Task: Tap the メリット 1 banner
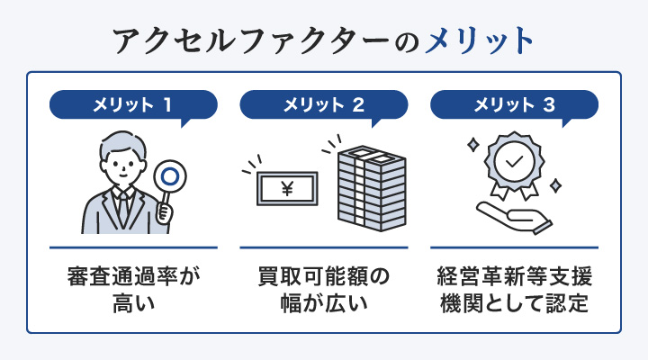[x=132, y=104]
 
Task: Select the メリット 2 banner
[x=324, y=104]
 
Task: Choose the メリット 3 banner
[x=514, y=104]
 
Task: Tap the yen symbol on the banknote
[x=288, y=189]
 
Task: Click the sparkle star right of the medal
[x=555, y=184]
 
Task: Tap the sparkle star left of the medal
[x=471, y=144]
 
